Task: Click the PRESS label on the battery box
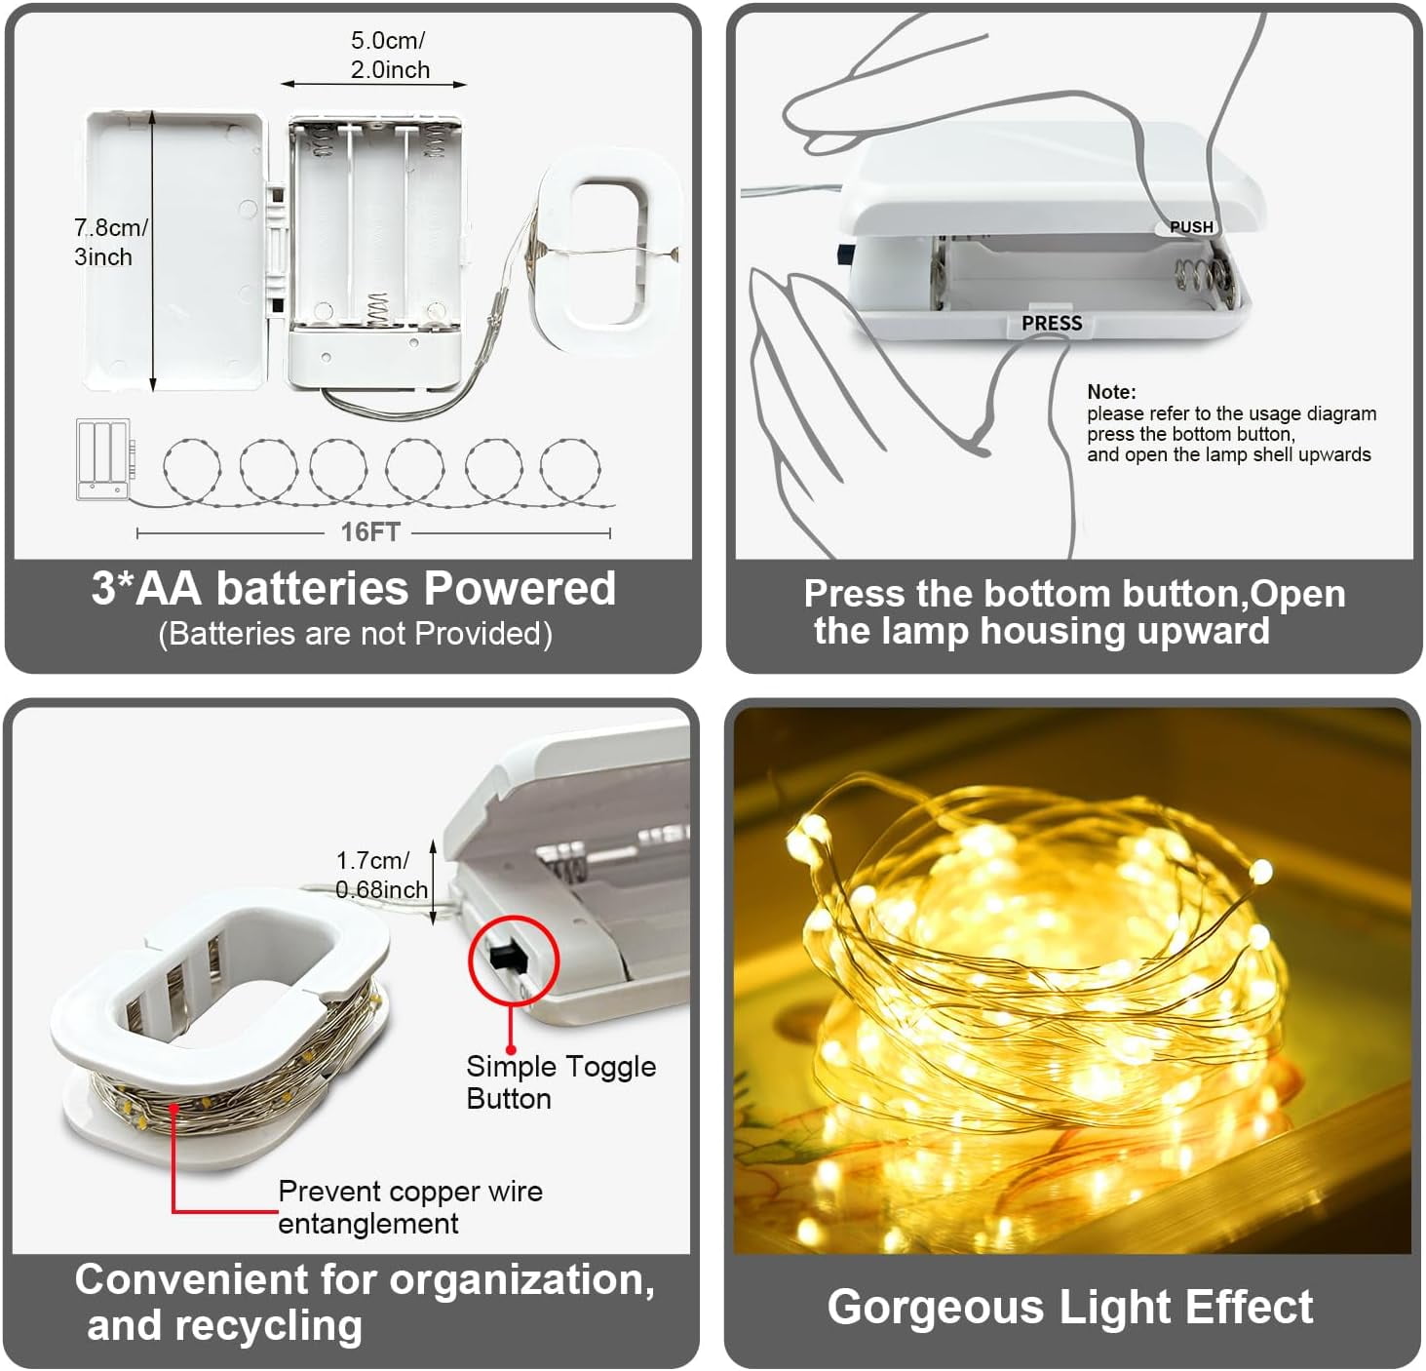(x=1052, y=324)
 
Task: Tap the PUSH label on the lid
(x=1191, y=227)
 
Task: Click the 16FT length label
(x=370, y=532)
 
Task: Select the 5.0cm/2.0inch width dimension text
(x=389, y=55)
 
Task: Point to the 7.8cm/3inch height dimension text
(x=111, y=243)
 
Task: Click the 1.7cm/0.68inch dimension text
(x=382, y=875)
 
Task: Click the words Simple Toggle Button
(x=561, y=1082)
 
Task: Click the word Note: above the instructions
(x=1111, y=391)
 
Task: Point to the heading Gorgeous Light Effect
(x=1070, y=1307)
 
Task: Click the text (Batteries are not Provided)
(x=356, y=634)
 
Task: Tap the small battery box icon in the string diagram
(x=103, y=459)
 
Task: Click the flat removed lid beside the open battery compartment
(x=174, y=251)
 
